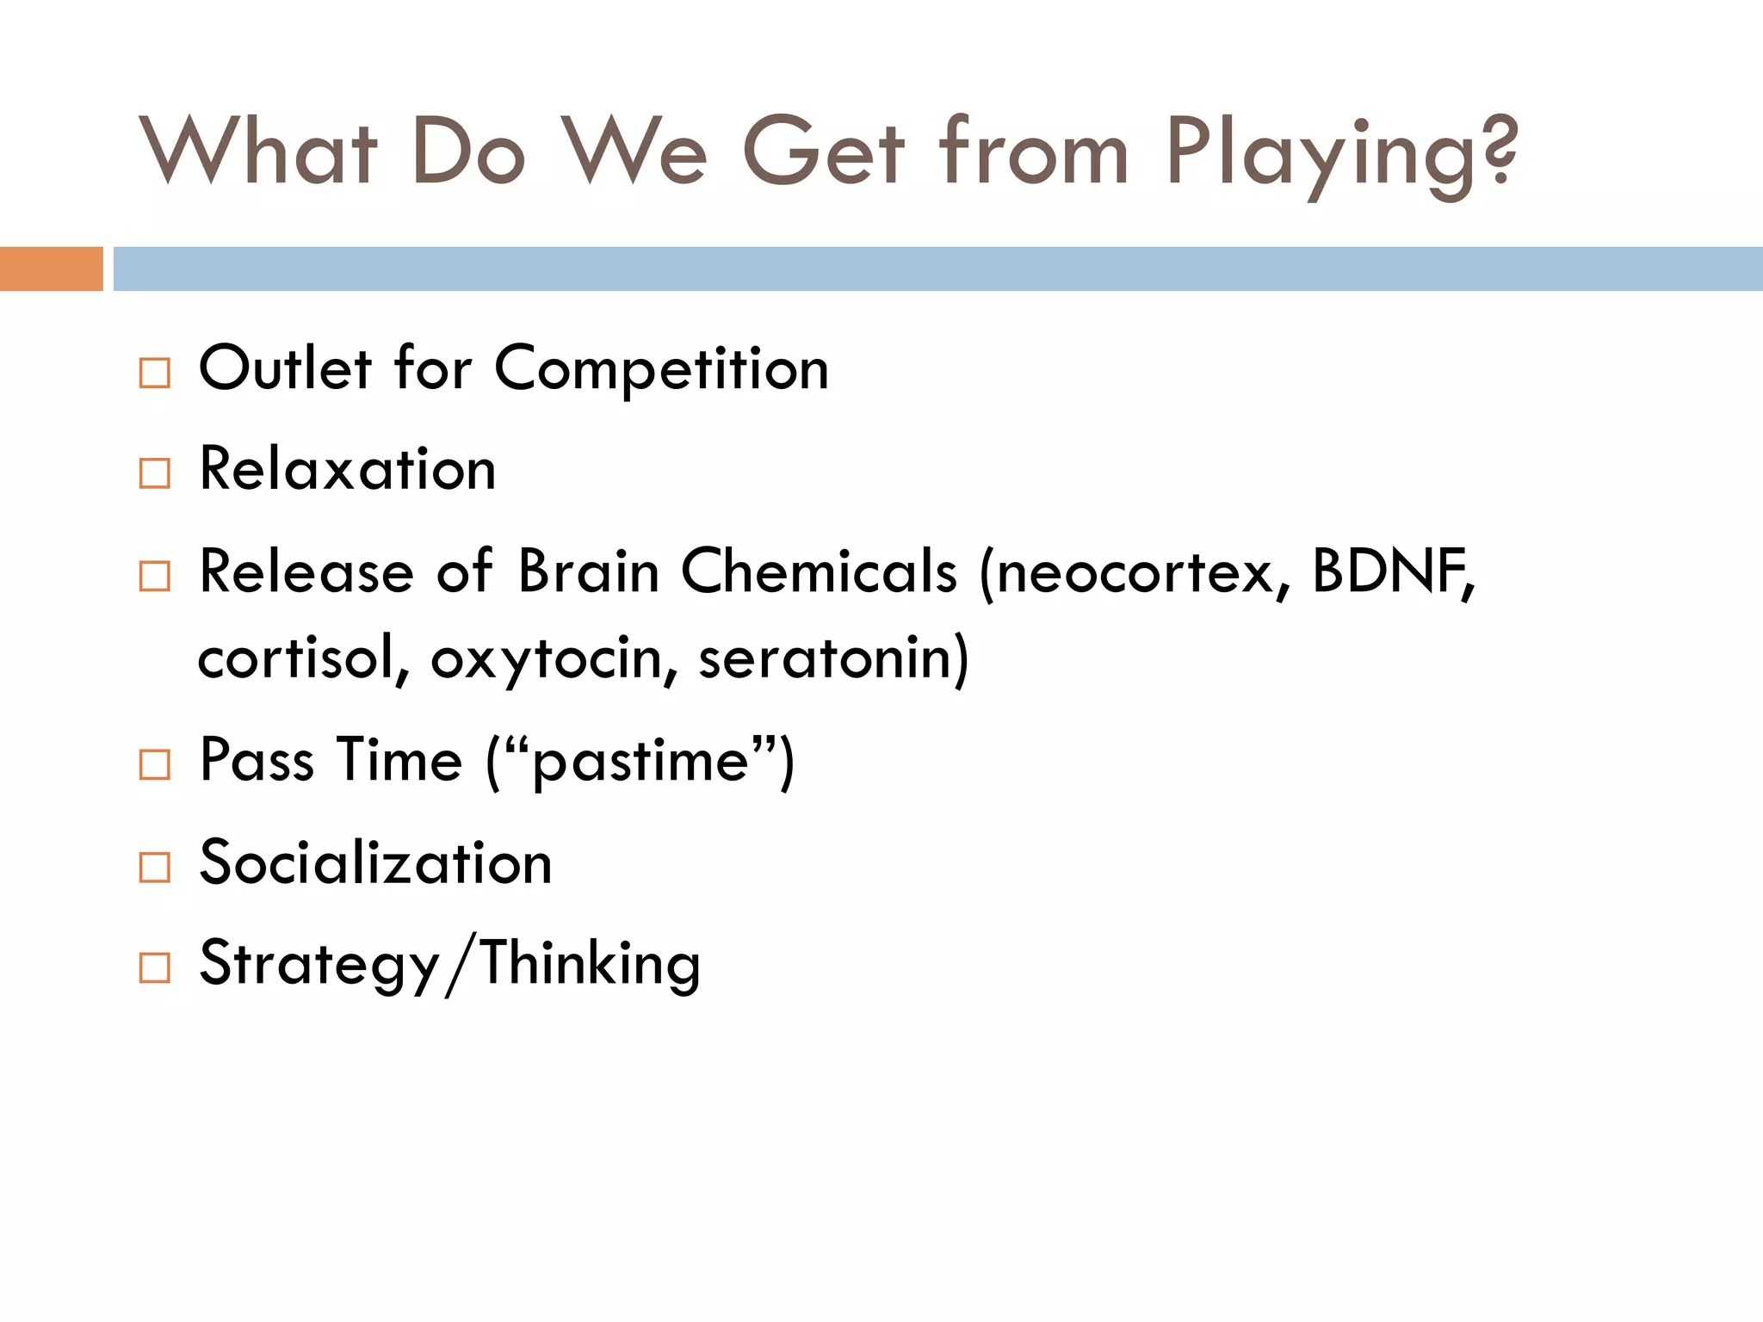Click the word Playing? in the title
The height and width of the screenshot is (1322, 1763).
click(1341, 155)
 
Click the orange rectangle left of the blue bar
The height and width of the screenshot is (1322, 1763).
click(51, 269)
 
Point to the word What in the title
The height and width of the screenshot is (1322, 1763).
click(258, 151)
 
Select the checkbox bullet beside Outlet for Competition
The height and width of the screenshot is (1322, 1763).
click(155, 373)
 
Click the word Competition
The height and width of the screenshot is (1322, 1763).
click(661, 369)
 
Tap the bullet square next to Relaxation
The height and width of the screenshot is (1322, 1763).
click(155, 473)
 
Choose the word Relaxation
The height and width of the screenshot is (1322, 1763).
click(348, 470)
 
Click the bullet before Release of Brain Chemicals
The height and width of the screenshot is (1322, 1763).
click(155, 576)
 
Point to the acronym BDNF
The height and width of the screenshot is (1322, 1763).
click(1389, 571)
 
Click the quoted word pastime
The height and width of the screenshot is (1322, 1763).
click(640, 762)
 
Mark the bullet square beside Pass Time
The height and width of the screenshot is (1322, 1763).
click(155, 764)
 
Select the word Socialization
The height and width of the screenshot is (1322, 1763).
click(375, 862)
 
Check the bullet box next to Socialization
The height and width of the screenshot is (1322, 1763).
click(155, 867)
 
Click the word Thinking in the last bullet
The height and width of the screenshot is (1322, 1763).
click(591, 964)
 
